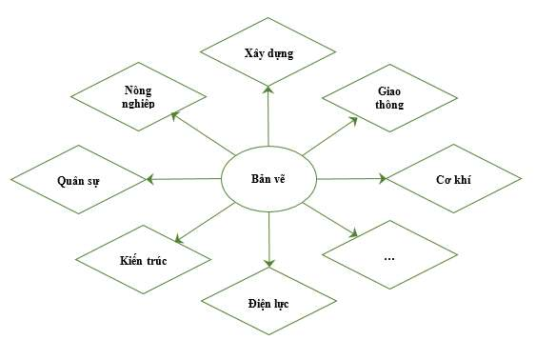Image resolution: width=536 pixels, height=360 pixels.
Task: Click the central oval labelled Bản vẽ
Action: click(268, 178)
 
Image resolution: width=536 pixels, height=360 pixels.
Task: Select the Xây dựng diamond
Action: click(268, 53)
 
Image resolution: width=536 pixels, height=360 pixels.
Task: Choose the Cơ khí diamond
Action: click(455, 178)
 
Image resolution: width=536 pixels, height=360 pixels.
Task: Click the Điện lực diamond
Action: click(268, 303)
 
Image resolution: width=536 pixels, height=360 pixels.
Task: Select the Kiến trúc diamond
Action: click(143, 259)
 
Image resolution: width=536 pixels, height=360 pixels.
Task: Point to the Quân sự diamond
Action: click(79, 178)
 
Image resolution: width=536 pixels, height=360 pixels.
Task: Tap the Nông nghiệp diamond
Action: click(139, 96)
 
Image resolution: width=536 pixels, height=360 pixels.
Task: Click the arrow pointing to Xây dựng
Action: click(268, 115)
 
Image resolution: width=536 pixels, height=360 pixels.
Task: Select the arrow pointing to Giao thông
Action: click(331, 135)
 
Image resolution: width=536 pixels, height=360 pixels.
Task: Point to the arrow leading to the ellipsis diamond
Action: click(333, 219)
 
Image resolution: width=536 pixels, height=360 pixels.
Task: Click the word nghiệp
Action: click(139, 104)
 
